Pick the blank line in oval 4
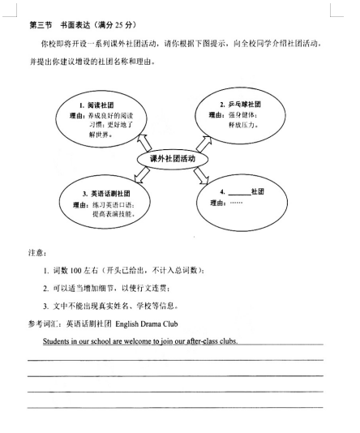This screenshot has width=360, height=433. pyautogui.click(x=239, y=192)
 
